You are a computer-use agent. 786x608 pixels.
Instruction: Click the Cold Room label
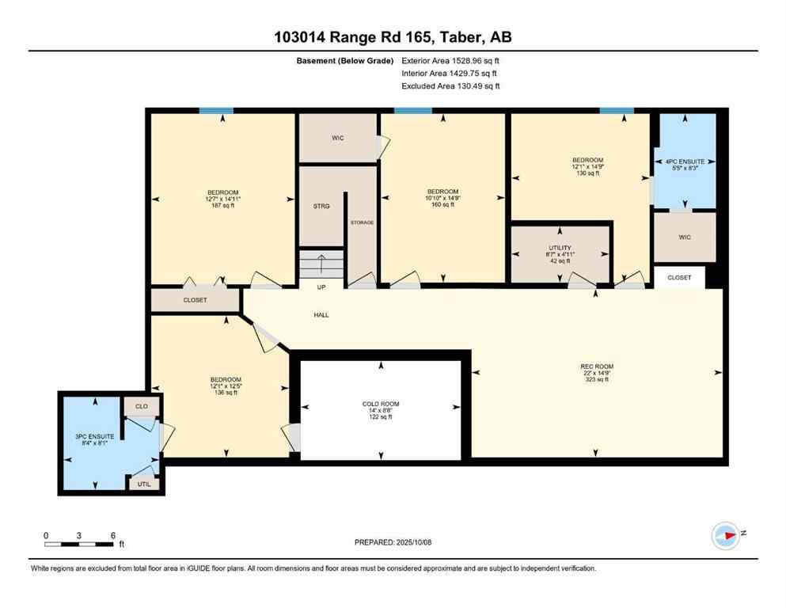381,410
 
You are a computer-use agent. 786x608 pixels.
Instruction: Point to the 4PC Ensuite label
685,164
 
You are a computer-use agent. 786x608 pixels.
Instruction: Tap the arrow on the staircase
321,259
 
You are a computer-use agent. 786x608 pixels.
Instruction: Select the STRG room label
321,206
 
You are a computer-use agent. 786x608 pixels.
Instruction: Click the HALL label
321,315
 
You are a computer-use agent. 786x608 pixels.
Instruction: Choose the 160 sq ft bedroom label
442,198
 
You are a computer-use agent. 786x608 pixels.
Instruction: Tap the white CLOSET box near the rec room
679,278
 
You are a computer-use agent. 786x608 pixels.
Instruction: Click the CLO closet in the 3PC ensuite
142,406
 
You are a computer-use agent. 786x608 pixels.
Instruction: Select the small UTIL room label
144,483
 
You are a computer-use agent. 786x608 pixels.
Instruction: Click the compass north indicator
726,535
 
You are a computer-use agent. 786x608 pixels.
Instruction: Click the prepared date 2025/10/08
393,542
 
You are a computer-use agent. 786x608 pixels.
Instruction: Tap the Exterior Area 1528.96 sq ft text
450,60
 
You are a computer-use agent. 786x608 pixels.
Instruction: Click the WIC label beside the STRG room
337,138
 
